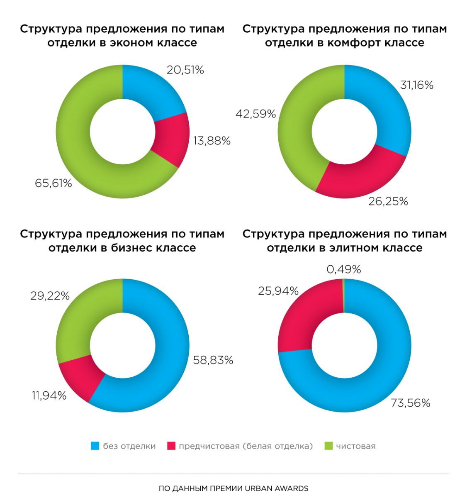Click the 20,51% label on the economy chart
point(185,70)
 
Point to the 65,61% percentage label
point(54,183)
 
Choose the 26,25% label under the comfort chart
point(388,202)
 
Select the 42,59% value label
point(255,114)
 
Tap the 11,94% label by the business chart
point(49,396)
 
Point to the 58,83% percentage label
point(213,360)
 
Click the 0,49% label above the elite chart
point(344,270)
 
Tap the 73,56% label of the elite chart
point(411,403)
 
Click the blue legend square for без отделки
point(95,446)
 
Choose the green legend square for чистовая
point(328,446)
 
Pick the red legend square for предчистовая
point(171,446)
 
